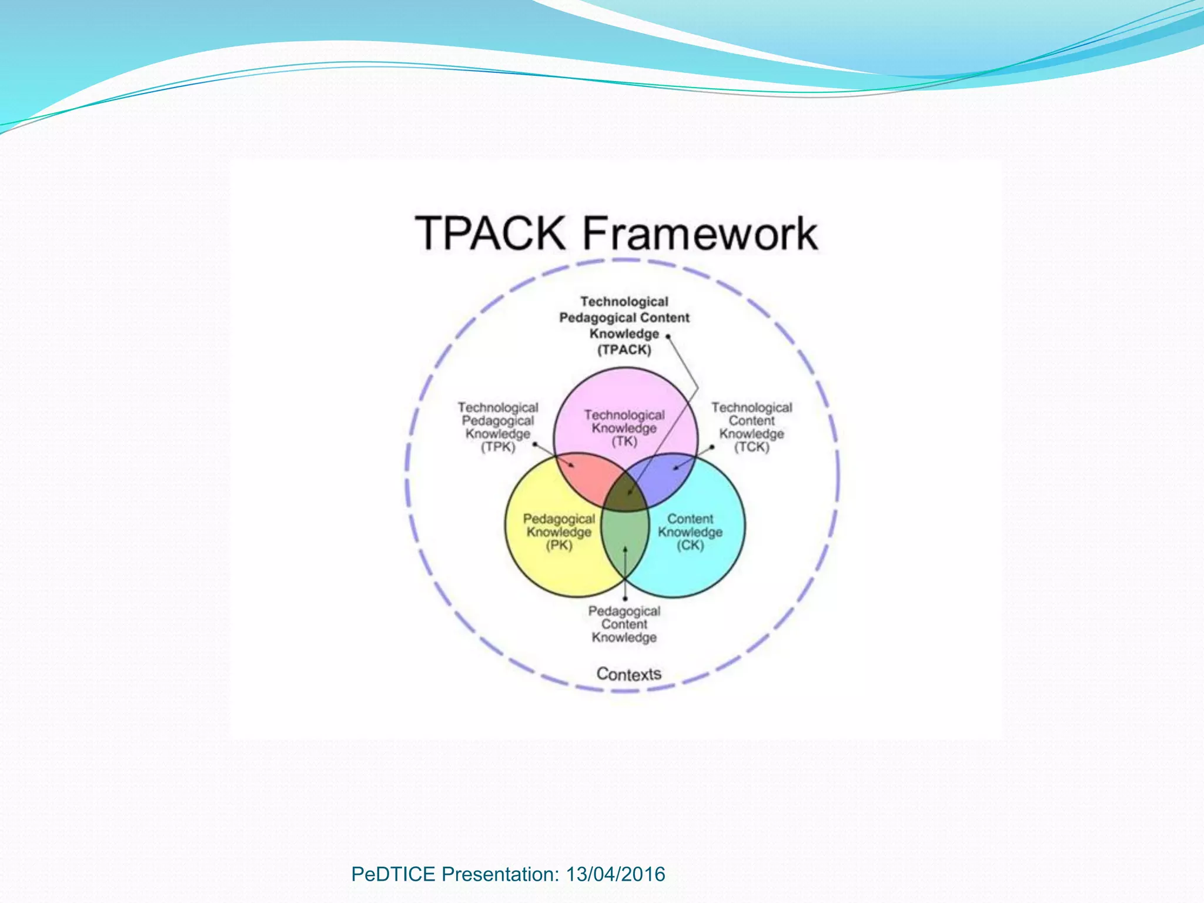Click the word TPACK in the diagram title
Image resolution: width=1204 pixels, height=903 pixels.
click(491, 233)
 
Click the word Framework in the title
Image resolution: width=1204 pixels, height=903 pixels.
click(700, 233)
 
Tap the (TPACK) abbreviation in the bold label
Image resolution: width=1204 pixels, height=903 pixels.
click(624, 350)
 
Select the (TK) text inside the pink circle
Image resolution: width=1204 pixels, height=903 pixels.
click(624, 442)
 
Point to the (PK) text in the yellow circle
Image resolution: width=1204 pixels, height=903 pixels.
click(558, 545)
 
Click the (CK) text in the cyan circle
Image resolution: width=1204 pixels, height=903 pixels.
click(690, 545)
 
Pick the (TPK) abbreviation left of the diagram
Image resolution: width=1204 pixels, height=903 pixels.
click(498, 447)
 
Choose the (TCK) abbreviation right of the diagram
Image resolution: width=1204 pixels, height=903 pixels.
click(751, 447)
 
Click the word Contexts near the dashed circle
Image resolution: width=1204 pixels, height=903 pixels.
click(628, 674)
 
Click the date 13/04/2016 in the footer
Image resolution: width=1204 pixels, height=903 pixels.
click(615, 874)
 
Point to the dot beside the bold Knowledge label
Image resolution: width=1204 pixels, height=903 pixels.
click(668, 337)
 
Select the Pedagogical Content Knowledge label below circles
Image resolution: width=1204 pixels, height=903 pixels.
click(624, 624)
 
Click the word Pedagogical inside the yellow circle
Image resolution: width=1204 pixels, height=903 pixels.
click(558, 519)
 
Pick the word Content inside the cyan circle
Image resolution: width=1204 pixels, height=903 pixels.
click(690, 519)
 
